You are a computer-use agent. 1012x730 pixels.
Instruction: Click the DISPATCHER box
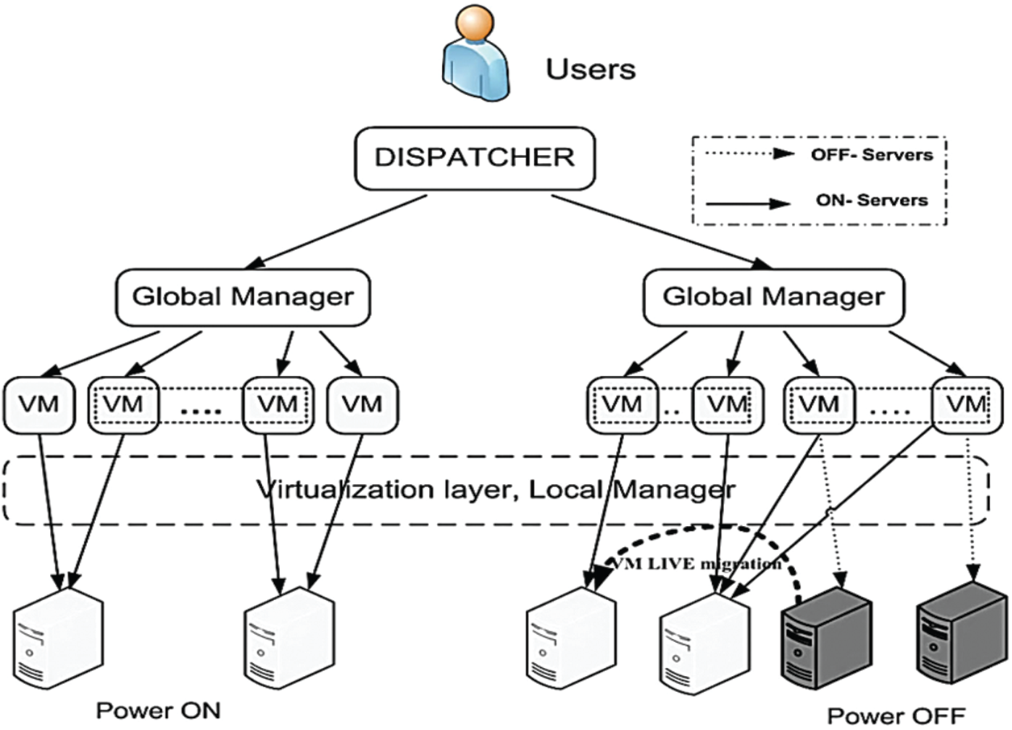click(475, 158)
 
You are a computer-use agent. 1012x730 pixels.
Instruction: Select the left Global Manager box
click(242, 296)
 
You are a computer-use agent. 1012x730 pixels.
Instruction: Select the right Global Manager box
click(773, 296)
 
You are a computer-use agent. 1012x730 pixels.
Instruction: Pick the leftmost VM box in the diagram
click(38, 403)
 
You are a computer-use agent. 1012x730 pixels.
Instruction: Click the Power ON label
click(158, 710)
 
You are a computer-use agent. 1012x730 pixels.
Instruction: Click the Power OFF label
click(895, 714)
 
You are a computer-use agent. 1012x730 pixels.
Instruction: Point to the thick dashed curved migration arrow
click(710, 532)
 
